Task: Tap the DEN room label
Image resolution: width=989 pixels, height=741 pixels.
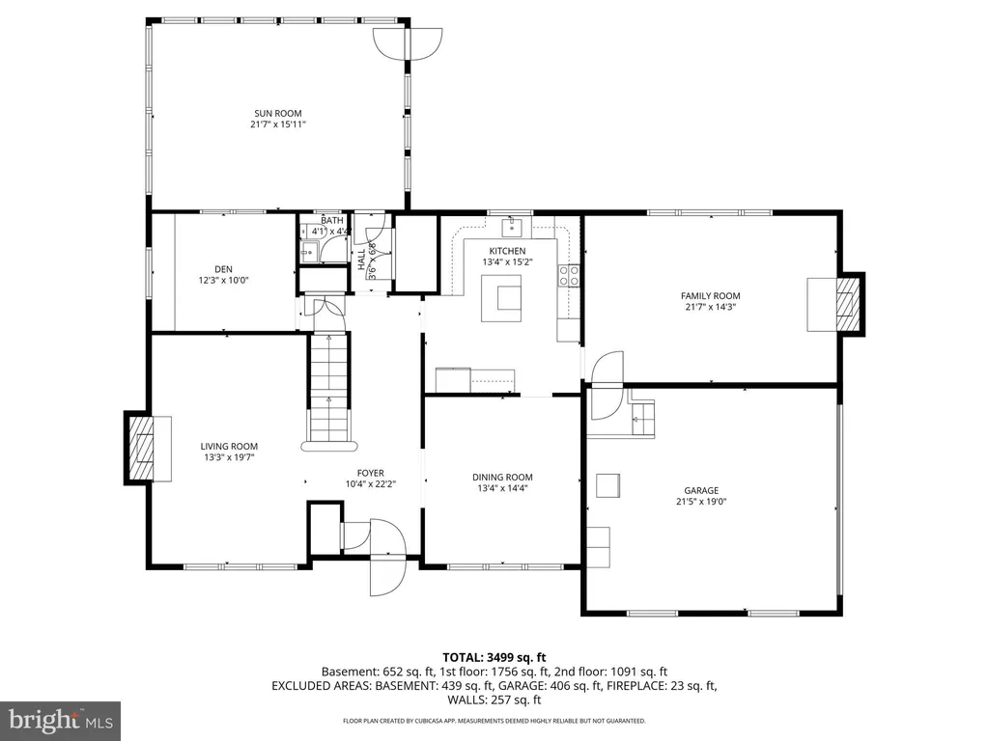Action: coord(223,269)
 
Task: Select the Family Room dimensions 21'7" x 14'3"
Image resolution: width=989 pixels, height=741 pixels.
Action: coord(711,308)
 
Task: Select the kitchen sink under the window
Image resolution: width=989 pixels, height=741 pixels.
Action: coord(512,228)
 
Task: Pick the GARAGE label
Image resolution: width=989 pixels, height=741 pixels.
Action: coord(710,490)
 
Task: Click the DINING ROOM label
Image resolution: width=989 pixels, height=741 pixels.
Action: coord(502,477)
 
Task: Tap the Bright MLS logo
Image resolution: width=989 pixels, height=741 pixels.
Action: coord(60,720)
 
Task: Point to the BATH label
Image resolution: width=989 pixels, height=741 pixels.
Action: coord(331,221)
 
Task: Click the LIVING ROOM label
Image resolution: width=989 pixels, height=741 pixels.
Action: coord(229,446)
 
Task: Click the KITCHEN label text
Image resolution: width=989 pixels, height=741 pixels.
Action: coord(507,251)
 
